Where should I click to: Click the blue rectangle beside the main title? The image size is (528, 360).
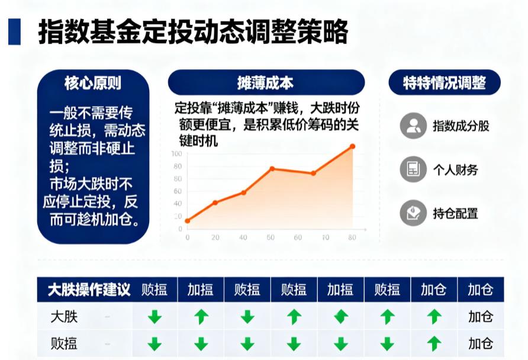point(14,31)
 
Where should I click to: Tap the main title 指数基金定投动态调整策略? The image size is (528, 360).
point(192,31)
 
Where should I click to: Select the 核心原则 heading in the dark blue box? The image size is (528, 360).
point(93,83)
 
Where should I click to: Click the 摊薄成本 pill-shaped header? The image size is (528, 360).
point(266,83)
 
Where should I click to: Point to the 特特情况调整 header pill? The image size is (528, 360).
point(445,83)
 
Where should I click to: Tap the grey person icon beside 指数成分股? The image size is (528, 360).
point(413,126)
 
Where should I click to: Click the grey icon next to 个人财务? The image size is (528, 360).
point(413,170)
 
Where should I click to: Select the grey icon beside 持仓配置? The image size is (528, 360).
point(413,213)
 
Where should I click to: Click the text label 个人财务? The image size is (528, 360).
point(455,170)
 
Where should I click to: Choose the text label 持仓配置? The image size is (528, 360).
point(455,213)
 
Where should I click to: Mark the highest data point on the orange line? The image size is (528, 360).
point(352,146)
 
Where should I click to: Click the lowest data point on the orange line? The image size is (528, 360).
point(188,221)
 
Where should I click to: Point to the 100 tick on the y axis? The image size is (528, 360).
point(176,154)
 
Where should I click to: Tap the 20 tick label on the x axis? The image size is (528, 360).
point(215,237)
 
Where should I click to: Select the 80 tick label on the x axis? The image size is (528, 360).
point(352,237)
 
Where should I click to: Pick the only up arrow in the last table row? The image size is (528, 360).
point(434,343)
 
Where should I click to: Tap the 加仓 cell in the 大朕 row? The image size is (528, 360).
point(480,317)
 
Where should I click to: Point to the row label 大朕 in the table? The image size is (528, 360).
point(65,317)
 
